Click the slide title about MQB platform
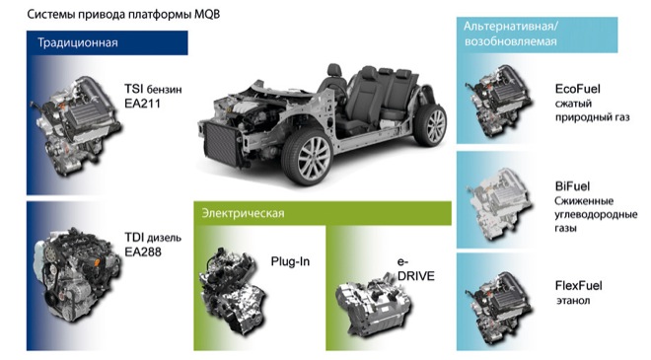coord(123,14)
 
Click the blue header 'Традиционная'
coord(108,42)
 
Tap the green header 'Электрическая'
coord(323,213)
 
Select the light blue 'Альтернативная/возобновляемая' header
coord(537,35)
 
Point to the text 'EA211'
coord(142,104)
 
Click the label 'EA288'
coord(143,252)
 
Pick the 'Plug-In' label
coord(290,261)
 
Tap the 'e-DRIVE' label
coord(415,269)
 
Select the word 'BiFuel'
coord(572,186)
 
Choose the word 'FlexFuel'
coord(578,286)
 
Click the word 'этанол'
coord(573,300)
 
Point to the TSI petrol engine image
coord(77,124)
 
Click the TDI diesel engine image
coord(77,274)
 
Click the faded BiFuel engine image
coord(498,203)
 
